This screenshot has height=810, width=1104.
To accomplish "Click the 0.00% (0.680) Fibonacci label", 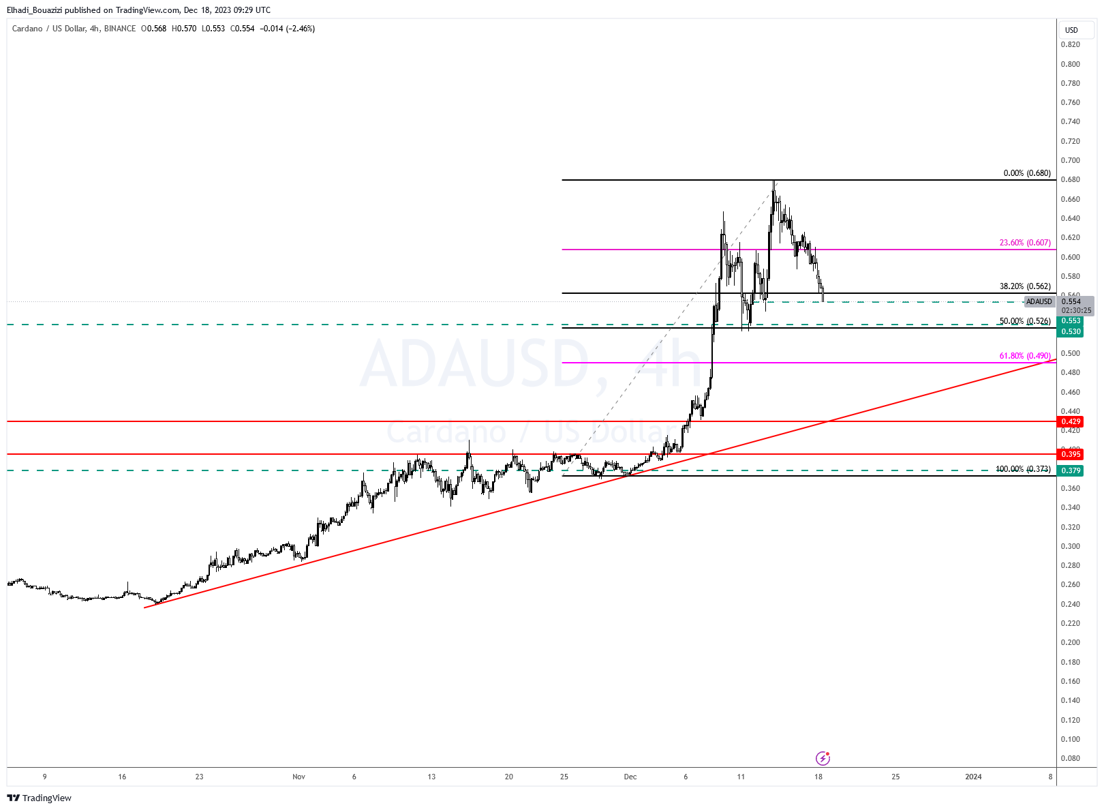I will tap(1026, 173).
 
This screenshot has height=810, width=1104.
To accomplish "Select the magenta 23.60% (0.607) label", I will tap(1024, 243).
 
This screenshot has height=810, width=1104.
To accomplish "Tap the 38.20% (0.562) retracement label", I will tap(1024, 286).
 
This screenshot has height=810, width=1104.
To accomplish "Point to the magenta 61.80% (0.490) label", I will tap(1024, 356).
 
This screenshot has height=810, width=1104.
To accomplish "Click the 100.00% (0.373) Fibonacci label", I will tap(1022, 469).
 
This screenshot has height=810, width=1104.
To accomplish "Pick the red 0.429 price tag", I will tap(1071, 422).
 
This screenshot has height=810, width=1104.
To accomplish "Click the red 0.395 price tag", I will tap(1071, 454).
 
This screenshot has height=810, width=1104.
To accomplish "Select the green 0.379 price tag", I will tap(1071, 470).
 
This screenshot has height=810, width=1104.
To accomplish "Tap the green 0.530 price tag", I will tap(1071, 331).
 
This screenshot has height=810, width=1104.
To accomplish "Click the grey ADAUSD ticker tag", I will tap(1039, 301).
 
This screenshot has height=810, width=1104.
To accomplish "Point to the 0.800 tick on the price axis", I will tap(1070, 64).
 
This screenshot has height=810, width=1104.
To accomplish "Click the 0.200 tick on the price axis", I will tap(1070, 642).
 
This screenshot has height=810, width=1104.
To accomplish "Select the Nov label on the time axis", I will tap(298, 777).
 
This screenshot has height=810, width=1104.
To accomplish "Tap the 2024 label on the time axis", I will tap(973, 777).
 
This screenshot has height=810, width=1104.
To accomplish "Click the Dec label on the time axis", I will tap(630, 777).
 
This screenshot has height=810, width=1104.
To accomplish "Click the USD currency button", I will tap(1072, 30).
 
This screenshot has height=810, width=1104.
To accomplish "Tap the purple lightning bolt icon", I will tap(823, 758).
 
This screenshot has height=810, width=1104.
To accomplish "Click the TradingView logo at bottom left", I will tap(40, 798).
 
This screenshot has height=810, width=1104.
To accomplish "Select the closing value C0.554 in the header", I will tap(243, 29).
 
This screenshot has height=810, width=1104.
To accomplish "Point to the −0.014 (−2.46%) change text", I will tap(287, 29).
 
